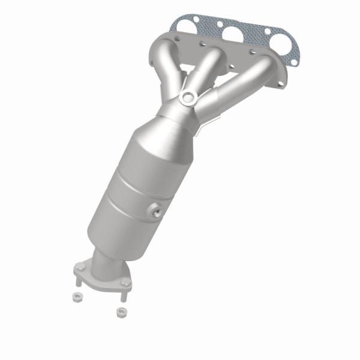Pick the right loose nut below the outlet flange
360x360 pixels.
pyautogui.click(x=121, y=312)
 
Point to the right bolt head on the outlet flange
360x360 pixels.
pyautogui.click(x=125, y=280)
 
